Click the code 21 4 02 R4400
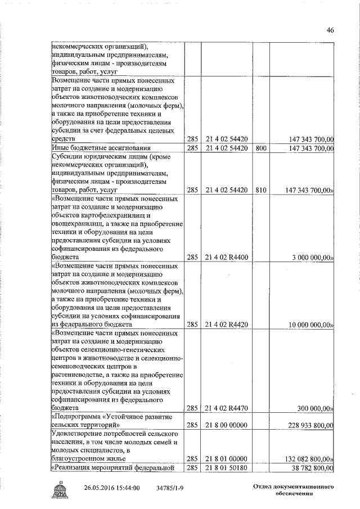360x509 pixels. pyautogui.click(x=227, y=257)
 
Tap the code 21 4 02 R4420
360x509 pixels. pyautogui.click(x=227, y=325)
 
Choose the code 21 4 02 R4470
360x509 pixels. pyautogui.click(x=227, y=408)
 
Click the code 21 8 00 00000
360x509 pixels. pyautogui.click(x=227, y=426)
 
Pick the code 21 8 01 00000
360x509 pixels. pyautogui.click(x=227, y=459)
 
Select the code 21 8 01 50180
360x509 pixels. pyautogui.click(x=227, y=468)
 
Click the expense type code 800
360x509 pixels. pyautogui.click(x=260, y=148)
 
